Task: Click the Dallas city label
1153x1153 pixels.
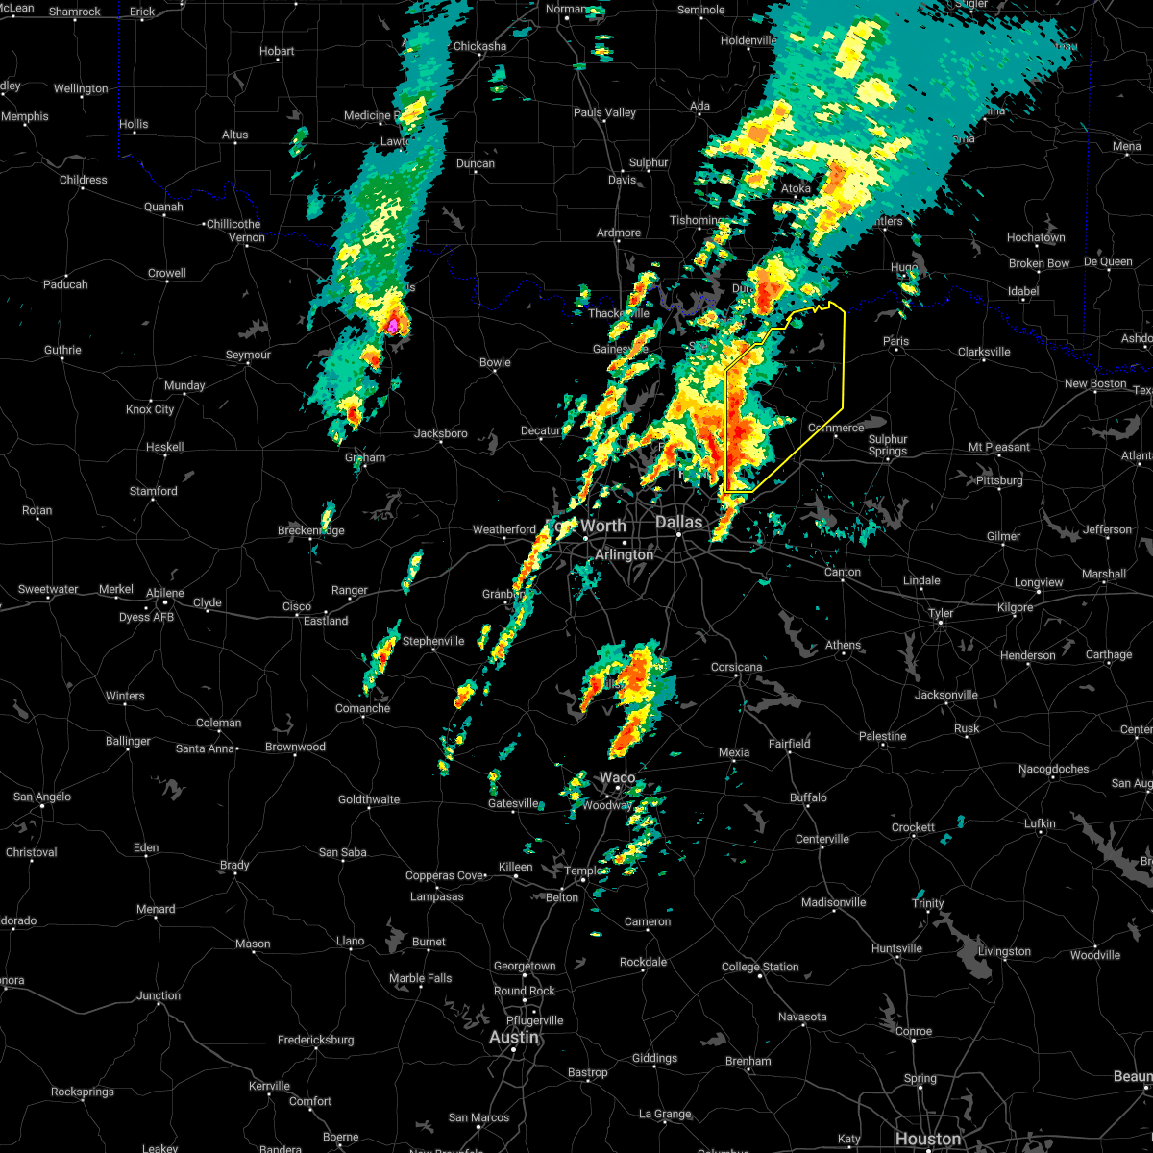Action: [x=679, y=523]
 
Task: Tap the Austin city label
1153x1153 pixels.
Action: [x=513, y=1038]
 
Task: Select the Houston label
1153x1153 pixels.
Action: [x=927, y=1140]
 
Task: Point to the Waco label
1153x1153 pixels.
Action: [x=618, y=777]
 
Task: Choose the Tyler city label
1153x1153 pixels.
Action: [x=941, y=613]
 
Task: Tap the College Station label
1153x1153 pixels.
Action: [x=760, y=967]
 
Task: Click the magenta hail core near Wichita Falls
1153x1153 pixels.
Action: [x=393, y=326]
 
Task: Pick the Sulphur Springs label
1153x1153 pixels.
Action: [x=888, y=445]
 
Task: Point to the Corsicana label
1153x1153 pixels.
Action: [x=737, y=667]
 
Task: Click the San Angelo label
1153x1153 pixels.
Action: [x=36, y=797]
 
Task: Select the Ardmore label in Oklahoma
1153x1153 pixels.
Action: [x=619, y=233]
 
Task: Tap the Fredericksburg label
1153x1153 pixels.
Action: [x=317, y=1040]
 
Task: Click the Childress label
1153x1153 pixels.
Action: [x=84, y=180]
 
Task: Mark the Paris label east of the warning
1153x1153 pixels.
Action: [x=895, y=341]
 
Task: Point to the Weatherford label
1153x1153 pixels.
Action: [x=504, y=529]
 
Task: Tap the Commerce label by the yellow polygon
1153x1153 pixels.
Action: [x=836, y=428]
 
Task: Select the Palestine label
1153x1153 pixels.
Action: [x=883, y=736]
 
